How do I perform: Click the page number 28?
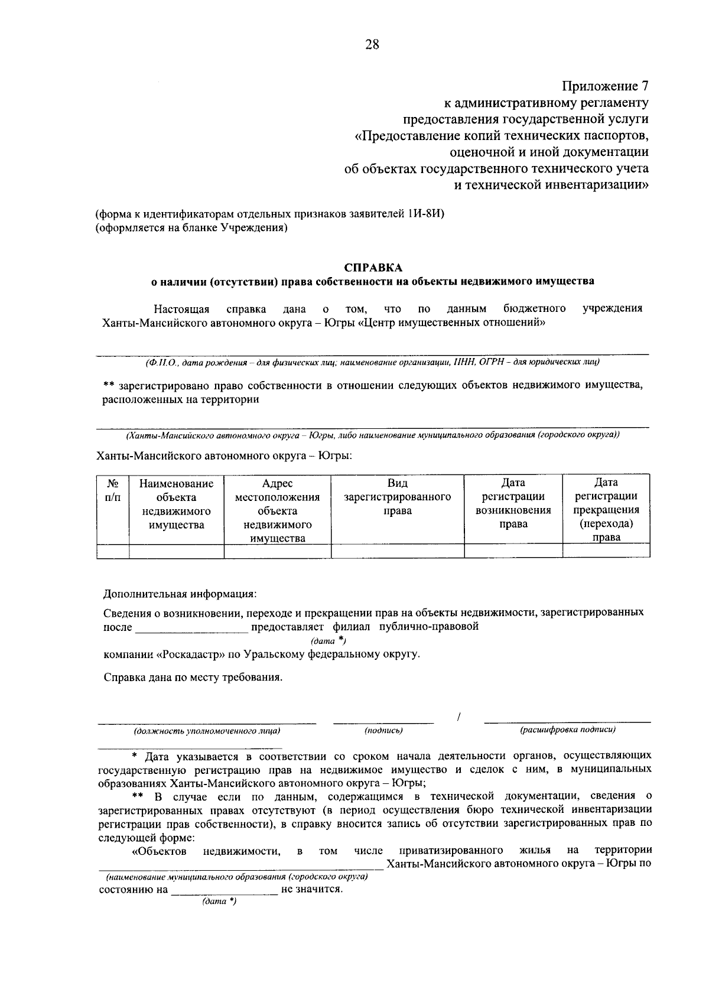[x=372, y=45]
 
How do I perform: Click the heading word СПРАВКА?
[x=372, y=268]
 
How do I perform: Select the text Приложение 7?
[x=605, y=86]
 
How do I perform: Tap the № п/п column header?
[x=113, y=490]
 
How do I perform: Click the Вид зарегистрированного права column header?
[x=397, y=497]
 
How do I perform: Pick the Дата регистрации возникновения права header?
[x=513, y=503]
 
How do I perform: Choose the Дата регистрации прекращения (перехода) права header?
[x=606, y=509]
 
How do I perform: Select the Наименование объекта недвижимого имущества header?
[x=176, y=503]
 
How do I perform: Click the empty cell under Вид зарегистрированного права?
[x=397, y=551]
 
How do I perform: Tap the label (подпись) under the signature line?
[x=383, y=731]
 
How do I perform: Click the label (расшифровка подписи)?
[x=567, y=730]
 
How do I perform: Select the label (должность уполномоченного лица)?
[x=207, y=731]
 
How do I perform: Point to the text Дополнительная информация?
[x=180, y=593]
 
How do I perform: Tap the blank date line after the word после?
[x=191, y=628]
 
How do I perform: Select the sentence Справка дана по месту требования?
[x=193, y=677]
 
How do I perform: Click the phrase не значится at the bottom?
[x=312, y=889]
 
